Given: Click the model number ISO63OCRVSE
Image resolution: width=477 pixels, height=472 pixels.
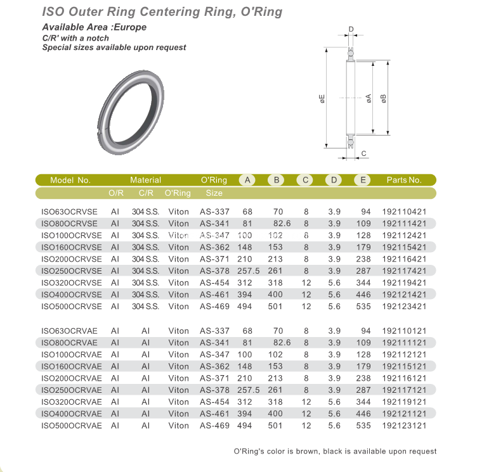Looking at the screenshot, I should point(71,211).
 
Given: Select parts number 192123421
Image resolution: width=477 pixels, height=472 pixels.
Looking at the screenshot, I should point(404,307).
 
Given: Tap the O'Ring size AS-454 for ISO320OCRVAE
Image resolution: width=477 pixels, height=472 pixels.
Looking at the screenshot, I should point(214,402).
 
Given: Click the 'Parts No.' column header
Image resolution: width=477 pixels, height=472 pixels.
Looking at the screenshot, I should point(404,180).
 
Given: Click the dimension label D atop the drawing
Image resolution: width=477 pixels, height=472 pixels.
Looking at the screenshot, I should point(351,29).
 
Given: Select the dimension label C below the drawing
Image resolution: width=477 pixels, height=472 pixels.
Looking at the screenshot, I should point(363,154).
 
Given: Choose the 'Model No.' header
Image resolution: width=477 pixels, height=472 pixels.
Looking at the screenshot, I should point(70,180).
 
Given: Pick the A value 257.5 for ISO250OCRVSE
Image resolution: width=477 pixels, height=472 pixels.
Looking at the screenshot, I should point(247,271).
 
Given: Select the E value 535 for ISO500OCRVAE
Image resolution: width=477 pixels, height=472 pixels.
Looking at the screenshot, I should point(363,426).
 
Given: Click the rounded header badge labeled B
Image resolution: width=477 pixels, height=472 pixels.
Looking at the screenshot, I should point(277,180).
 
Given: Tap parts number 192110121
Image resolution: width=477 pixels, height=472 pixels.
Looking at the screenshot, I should point(404,331).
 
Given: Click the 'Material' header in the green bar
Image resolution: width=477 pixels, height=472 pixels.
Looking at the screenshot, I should point(145,180).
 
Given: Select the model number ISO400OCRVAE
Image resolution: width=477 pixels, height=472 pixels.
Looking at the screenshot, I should point(71,414).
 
